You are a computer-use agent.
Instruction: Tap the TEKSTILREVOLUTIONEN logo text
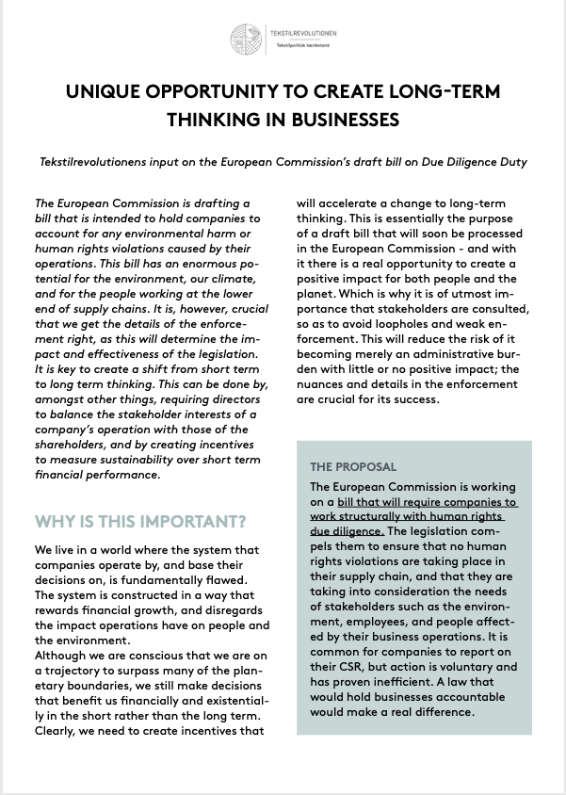[x=303, y=33]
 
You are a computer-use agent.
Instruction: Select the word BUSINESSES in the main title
[x=320, y=120]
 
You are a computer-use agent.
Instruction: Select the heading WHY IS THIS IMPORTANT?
[x=141, y=521]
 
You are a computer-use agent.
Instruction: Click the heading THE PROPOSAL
[x=353, y=466]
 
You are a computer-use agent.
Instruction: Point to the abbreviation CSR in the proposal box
[x=338, y=667]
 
